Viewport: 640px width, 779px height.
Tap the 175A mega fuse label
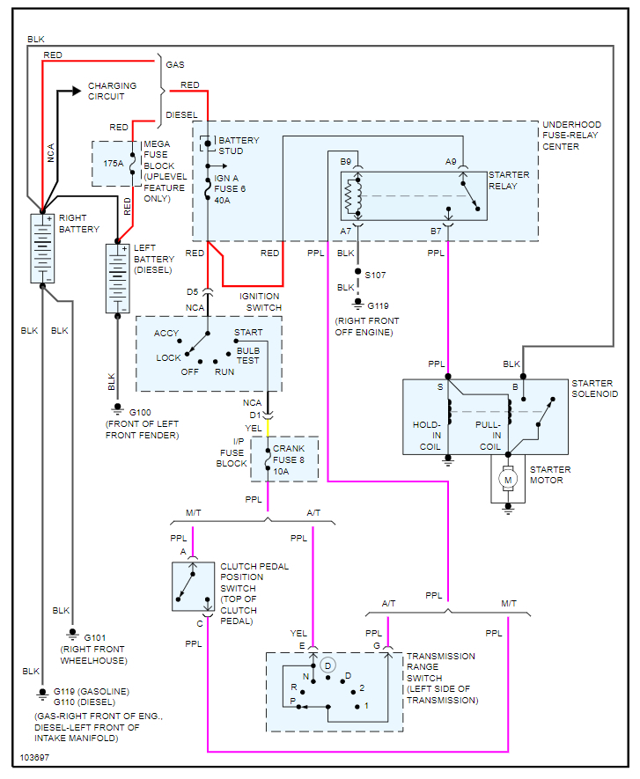[113, 164]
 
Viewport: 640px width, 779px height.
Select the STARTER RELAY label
[509, 180]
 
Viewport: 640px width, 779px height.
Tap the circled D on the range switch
[327, 664]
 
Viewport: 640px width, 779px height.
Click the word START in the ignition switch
[248, 334]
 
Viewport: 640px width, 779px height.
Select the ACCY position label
[166, 334]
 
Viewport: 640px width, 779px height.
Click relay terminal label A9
[451, 162]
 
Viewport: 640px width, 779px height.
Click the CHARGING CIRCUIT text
[112, 91]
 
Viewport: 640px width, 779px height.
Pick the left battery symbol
[117, 278]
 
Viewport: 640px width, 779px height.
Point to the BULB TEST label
[249, 356]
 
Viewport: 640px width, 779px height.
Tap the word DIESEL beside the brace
[181, 114]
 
